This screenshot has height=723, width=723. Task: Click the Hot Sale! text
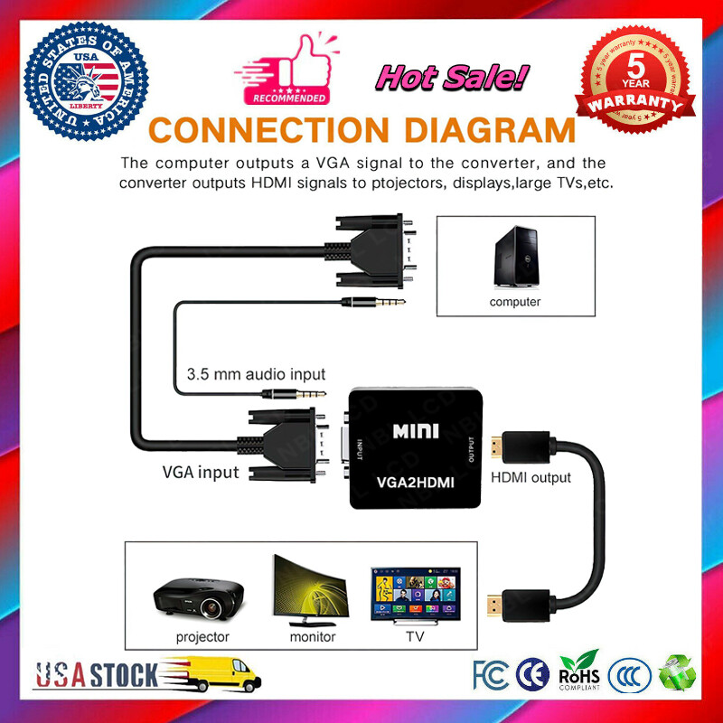450,78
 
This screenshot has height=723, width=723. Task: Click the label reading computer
515,302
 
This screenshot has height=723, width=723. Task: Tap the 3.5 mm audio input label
256,373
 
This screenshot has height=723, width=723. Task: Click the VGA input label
201,472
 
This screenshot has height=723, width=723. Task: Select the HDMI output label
531,477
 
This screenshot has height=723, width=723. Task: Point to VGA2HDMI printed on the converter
416,484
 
